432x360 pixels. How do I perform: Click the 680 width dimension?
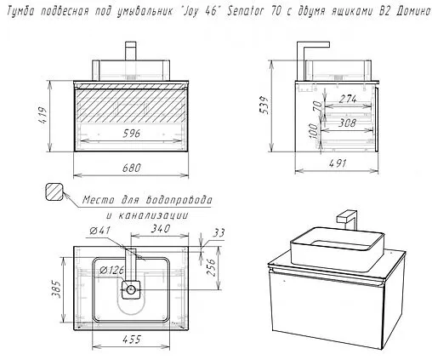(x=132, y=168)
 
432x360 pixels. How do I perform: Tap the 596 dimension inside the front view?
(x=132, y=134)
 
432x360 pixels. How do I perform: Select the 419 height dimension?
(x=43, y=115)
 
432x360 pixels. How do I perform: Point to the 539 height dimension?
(x=264, y=105)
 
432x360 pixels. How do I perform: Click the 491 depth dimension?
(x=337, y=163)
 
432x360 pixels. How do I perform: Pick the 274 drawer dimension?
(x=348, y=99)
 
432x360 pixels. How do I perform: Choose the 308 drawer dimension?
(x=347, y=123)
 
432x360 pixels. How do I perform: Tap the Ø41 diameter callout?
(x=99, y=231)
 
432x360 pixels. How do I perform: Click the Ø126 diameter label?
(x=111, y=271)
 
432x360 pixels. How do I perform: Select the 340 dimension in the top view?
(x=161, y=229)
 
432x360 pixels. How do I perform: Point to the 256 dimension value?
(x=211, y=267)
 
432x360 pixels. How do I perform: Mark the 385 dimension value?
(x=56, y=289)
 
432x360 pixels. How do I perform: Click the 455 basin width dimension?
(x=132, y=340)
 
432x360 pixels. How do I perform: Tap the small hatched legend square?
(x=54, y=191)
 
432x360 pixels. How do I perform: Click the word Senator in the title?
(x=246, y=12)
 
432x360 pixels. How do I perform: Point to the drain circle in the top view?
(x=131, y=289)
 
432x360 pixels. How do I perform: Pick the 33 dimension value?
(x=219, y=233)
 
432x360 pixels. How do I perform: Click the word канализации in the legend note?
(x=147, y=215)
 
